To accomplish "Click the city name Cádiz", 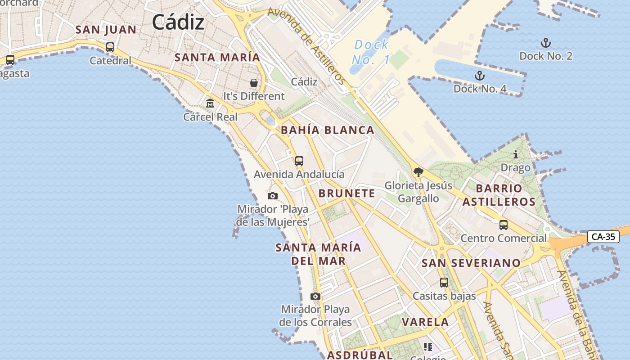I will click(178, 22).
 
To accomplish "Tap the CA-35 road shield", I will click(603, 237).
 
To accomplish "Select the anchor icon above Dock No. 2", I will click(545, 43).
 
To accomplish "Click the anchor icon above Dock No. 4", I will click(480, 76).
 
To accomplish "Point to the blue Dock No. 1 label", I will click(371, 52).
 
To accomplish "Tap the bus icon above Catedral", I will click(110, 47).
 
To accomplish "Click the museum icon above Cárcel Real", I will click(210, 104).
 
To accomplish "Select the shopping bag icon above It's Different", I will click(254, 83).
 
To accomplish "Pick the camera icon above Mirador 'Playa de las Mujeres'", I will click(272, 196).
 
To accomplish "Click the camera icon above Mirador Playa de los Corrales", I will click(315, 296).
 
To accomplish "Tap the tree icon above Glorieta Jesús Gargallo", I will click(418, 172).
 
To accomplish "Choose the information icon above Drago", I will click(516, 155).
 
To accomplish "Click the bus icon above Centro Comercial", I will click(504, 225).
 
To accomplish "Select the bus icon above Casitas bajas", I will click(444, 283).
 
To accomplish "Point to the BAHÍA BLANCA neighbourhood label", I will click(327, 130).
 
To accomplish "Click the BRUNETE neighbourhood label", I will click(346, 193).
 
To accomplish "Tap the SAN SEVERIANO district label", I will click(471, 263).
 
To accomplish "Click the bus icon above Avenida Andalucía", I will click(299, 161).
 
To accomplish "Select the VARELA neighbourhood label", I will click(425, 322).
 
